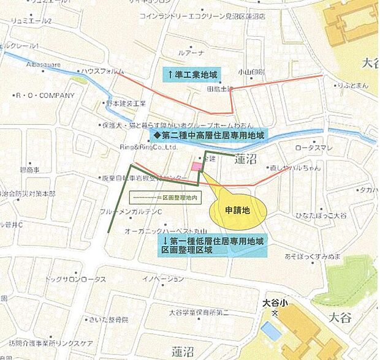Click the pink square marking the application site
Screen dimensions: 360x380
tap(197, 167)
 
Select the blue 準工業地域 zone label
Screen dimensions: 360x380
tap(191, 75)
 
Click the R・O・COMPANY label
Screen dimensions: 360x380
tap(45, 96)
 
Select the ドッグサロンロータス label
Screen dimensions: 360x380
tap(75, 279)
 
